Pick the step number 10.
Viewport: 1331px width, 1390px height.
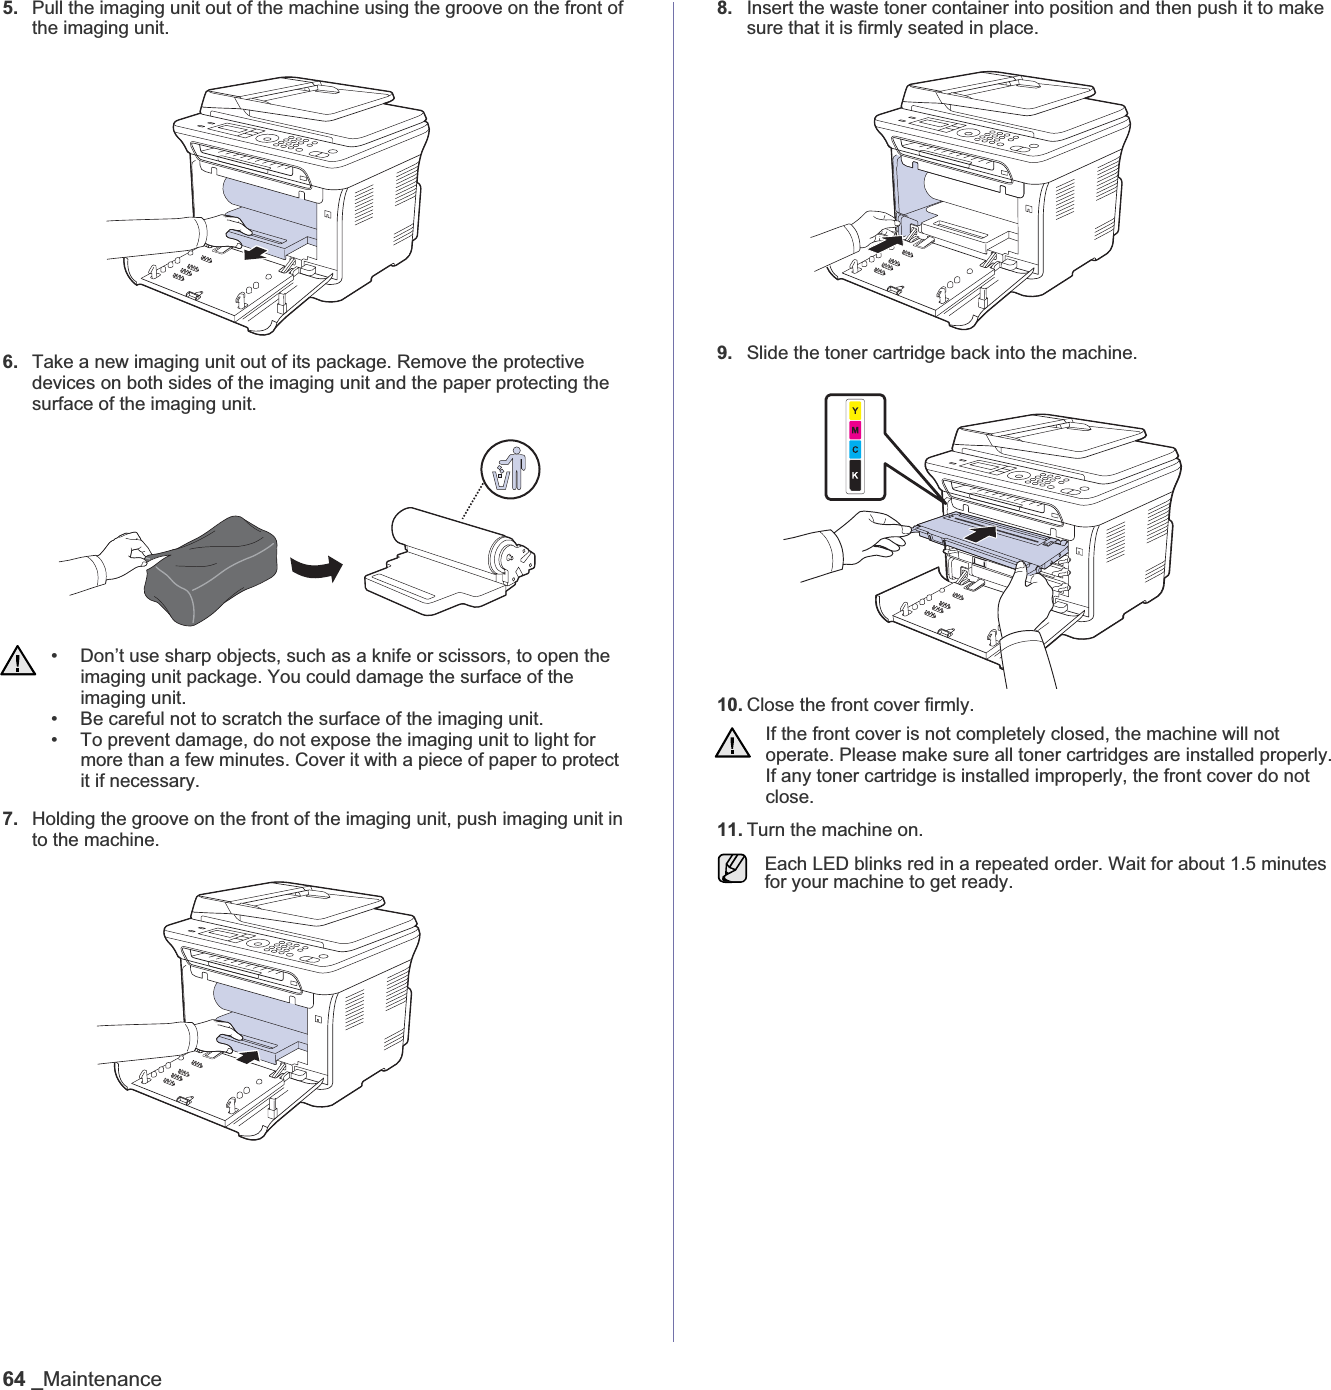point(729,705)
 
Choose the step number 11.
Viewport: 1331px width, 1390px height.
point(729,830)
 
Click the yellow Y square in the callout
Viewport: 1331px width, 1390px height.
point(855,411)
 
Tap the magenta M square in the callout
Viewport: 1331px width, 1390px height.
point(855,431)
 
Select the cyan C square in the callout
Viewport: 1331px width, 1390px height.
point(855,451)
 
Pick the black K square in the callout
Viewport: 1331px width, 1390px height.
point(855,477)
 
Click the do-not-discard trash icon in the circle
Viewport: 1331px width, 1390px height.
point(510,469)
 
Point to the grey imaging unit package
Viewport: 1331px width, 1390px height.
point(211,570)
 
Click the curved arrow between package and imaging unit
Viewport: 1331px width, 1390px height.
point(318,569)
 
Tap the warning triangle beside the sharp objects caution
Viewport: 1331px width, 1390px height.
point(18,661)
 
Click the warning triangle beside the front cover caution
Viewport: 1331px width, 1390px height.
point(733,744)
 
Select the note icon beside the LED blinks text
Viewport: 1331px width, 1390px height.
point(732,867)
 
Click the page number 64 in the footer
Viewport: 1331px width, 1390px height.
point(14,1379)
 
